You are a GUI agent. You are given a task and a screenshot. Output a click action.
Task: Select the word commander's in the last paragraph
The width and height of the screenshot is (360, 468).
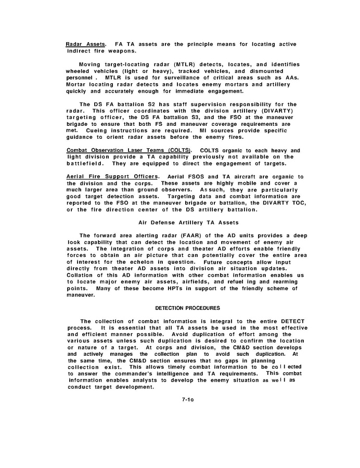[x=167, y=374]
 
